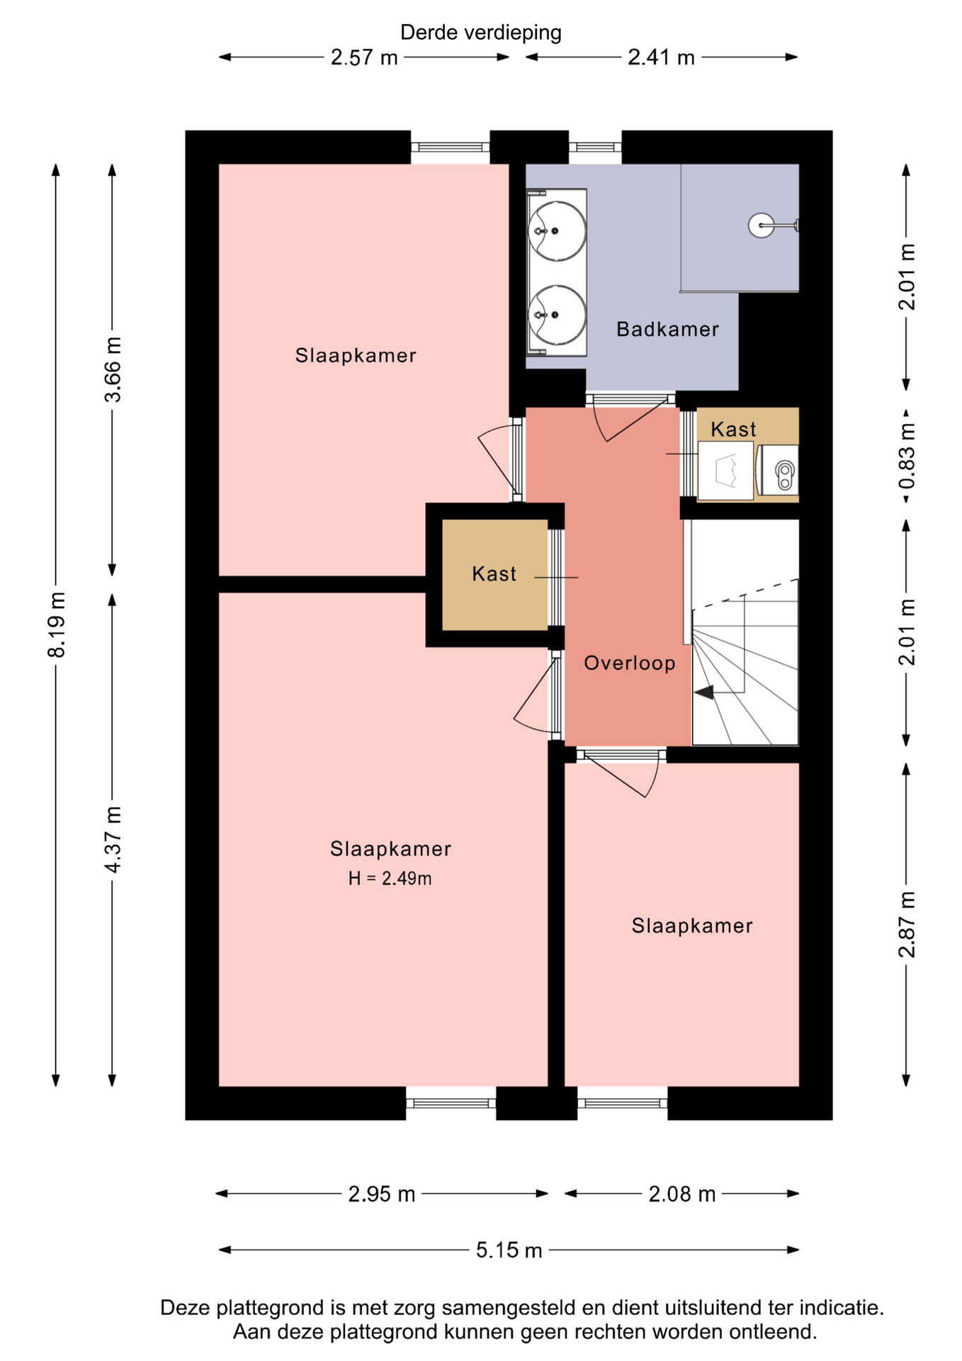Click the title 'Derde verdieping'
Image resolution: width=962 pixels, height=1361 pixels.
pyautogui.click(x=480, y=33)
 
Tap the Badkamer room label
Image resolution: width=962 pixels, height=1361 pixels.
pyautogui.click(x=667, y=329)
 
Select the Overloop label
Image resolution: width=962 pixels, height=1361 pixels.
pyautogui.click(x=630, y=663)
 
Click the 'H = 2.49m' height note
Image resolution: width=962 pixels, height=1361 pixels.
pyautogui.click(x=390, y=878)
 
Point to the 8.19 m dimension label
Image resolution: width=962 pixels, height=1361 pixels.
pyautogui.click(x=57, y=625)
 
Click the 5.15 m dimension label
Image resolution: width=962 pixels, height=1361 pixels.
pyautogui.click(x=509, y=1249)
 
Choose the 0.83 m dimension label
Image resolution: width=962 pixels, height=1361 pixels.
pyautogui.click(x=907, y=456)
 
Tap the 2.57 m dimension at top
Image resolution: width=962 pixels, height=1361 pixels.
pyautogui.click(x=364, y=57)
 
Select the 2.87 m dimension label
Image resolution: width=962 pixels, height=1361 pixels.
pyautogui.click(x=907, y=925)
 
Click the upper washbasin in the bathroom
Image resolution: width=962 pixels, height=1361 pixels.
pyautogui.click(x=558, y=230)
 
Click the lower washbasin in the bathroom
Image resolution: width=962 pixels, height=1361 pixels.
pyautogui.click(x=558, y=315)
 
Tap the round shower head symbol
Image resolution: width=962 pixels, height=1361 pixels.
pyautogui.click(x=762, y=226)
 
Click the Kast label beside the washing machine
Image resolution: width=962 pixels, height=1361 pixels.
pyautogui.click(x=733, y=429)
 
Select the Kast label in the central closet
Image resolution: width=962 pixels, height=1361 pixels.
pyautogui.click(x=494, y=573)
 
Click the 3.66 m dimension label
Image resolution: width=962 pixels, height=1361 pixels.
pyautogui.click(x=113, y=370)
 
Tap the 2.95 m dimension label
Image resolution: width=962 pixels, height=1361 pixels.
pyautogui.click(x=381, y=1194)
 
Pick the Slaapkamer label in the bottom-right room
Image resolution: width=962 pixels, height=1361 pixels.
pyautogui.click(x=692, y=926)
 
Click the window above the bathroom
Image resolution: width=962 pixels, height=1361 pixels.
pyautogui.click(x=595, y=147)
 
